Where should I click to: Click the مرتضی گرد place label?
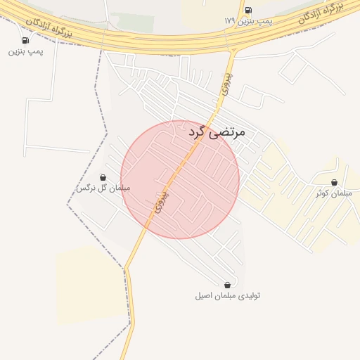pyautogui.click(x=219, y=131)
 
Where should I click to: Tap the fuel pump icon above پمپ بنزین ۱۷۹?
pyautogui.click(x=247, y=10)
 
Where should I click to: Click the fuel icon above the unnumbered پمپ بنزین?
pyautogui.click(x=26, y=40)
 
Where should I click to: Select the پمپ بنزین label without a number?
pyautogui.click(x=26, y=52)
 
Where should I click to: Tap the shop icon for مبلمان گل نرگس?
pyautogui.click(x=103, y=177)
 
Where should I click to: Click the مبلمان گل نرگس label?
pyautogui.click(x=103, y=188)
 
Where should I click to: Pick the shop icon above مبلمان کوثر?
pyautogui.click(x=334, y=182)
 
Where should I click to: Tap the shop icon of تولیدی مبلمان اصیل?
pyautogui.click(x=227, y=285)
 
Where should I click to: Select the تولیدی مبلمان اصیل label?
pyautogui.click(x=227, y=296)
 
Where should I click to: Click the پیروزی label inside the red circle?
pyautogui.click(x=164, y=202)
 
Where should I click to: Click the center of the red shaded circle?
pyautogui.click(x=180, y=179)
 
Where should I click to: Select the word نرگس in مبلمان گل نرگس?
pyautogui.click(x=85, y=188)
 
